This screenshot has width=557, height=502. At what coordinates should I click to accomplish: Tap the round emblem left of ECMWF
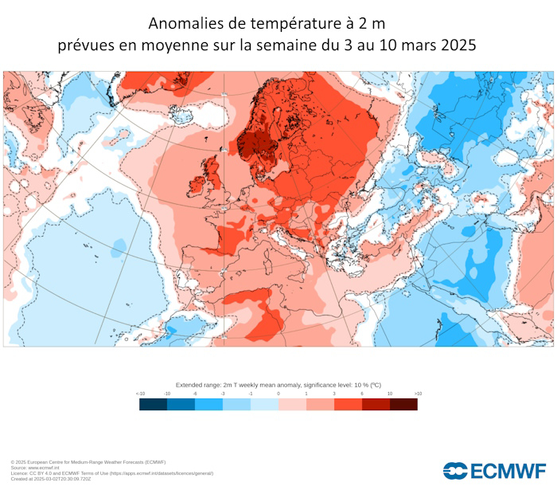pos(456,471)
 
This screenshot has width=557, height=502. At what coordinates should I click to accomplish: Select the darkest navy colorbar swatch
pos(153,404)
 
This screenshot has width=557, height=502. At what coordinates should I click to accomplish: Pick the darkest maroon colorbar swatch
pos(403,404)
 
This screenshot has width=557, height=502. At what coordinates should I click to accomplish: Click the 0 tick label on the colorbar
pos(278,394)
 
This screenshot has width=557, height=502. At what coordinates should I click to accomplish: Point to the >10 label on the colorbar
pos(417,394)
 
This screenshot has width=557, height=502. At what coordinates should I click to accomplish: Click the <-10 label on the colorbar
pos(140,394)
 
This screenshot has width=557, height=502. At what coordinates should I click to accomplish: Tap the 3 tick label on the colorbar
pos(334,394)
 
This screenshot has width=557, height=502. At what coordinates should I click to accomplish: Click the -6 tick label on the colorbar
pos(195,394)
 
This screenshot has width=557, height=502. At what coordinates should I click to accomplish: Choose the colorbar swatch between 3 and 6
pos(348,404)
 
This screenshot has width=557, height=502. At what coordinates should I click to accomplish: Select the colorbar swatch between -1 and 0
pos(264,404)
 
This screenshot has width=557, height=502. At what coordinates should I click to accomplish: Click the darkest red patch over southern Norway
pos(254,146)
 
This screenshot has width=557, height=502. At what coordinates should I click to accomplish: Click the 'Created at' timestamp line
pos(52,479)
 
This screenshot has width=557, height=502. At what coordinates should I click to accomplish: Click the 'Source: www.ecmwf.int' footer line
pos(39,468)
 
